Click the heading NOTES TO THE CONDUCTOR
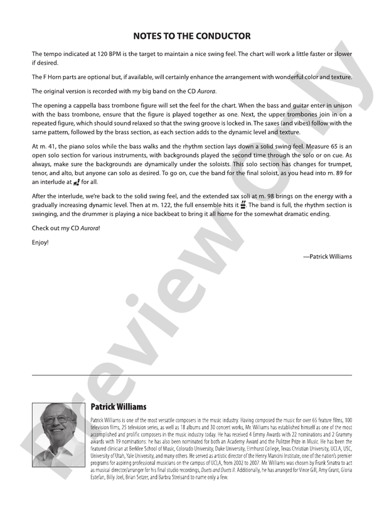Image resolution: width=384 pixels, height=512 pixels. click(192, 36)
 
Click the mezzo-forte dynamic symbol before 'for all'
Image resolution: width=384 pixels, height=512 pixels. click(77, 182)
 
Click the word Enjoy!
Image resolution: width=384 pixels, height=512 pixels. click(40, 241)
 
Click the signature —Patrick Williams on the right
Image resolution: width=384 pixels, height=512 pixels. click(327, 256)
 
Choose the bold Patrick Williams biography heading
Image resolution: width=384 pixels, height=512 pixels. click(118, 407)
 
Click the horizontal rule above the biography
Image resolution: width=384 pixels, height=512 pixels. click(192, 375)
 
